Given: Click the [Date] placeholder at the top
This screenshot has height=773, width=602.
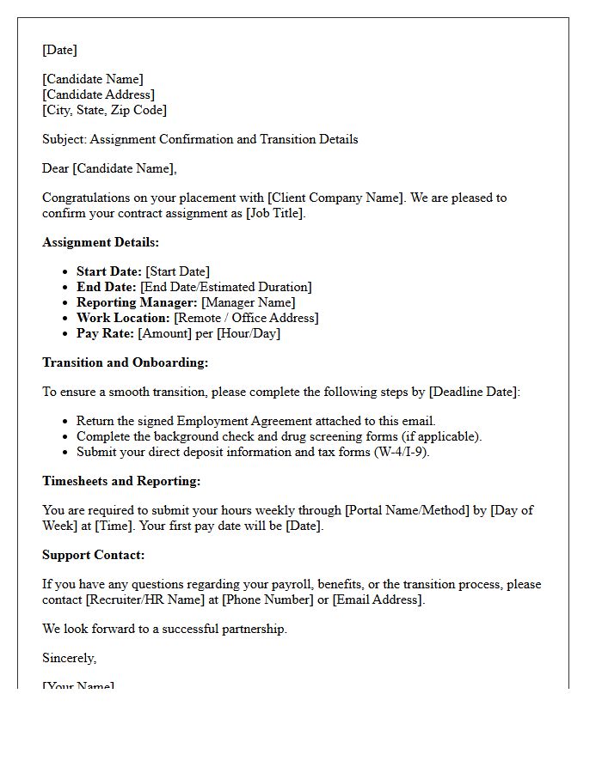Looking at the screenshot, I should click(x=59, y=51).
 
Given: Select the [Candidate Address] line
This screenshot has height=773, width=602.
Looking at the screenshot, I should click(x=98, y=94).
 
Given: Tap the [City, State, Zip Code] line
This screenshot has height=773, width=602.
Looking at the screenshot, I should click(x=104, y=110).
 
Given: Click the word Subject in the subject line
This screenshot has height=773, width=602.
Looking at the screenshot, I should click(x=63, y=139).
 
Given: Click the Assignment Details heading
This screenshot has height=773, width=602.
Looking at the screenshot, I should click(x=101, y=242).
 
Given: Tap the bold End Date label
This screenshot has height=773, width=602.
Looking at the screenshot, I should click(x=106, y=287).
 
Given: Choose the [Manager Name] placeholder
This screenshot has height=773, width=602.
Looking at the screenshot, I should click(x=248, y=302).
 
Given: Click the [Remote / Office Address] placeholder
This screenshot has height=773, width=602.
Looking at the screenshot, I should click(x=246, y=318).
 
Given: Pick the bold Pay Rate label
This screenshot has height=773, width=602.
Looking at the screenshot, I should click(x=105, y=333).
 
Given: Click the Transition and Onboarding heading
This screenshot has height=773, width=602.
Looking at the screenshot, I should click(x=125, y=362).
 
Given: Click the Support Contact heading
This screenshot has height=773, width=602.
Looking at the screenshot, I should click(x=93, y=555).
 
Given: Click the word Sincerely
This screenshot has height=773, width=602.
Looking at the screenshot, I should click(x=69, y=658).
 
